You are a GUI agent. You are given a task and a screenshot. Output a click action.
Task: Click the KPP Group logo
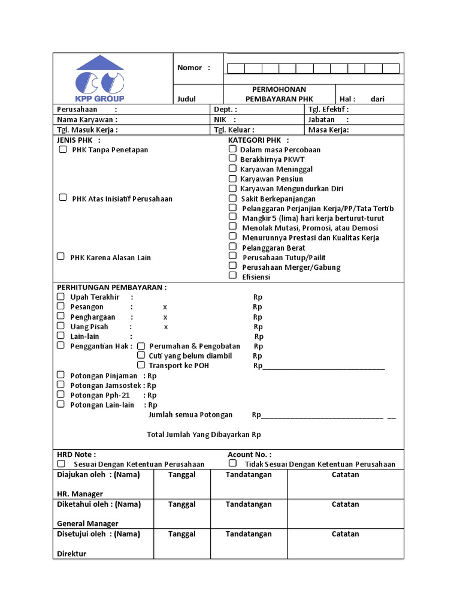100,79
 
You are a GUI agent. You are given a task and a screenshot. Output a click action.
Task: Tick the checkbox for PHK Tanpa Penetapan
63,149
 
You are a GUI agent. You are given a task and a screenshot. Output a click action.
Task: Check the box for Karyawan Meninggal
232,168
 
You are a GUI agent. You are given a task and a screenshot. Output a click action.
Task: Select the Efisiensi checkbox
232,276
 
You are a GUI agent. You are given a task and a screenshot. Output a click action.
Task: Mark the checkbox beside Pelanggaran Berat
232,246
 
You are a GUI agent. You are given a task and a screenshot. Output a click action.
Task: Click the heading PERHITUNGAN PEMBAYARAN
111,287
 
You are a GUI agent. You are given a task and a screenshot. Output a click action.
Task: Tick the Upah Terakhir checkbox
60,296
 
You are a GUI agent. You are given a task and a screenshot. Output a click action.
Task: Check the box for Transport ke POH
141,365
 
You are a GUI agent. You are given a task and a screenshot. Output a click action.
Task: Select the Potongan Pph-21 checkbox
60,395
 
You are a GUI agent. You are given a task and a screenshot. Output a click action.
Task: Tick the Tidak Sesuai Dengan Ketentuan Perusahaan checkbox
232,463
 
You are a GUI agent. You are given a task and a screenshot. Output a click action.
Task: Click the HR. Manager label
80,494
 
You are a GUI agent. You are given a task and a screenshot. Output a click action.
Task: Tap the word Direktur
72,553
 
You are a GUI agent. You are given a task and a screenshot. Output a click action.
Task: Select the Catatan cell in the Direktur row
346,543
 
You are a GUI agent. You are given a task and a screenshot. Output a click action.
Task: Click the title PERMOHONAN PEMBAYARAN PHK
279,94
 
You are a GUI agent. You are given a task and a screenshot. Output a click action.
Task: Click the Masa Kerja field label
328,130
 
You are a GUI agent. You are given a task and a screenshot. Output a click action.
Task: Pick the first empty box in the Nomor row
236,68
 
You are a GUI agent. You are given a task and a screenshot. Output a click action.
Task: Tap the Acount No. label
249,455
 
